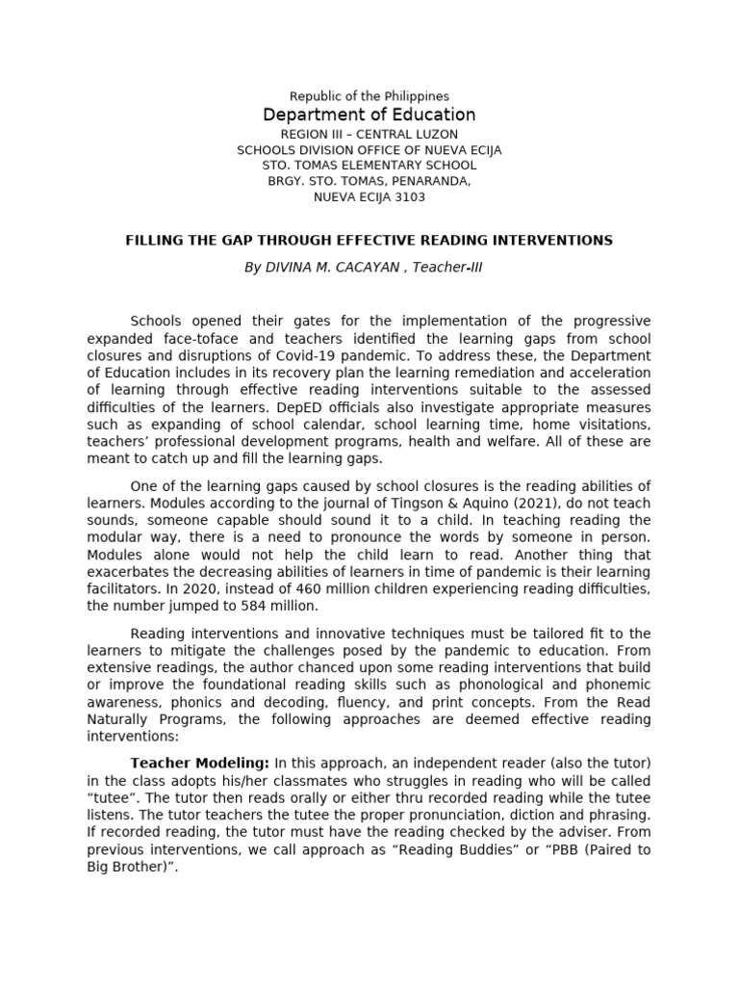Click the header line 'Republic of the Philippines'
[x=369, y=96]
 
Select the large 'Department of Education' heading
[x=369, y=116]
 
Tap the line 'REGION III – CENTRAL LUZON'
[x=369, y=134]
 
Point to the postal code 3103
[x=408, y=197]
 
